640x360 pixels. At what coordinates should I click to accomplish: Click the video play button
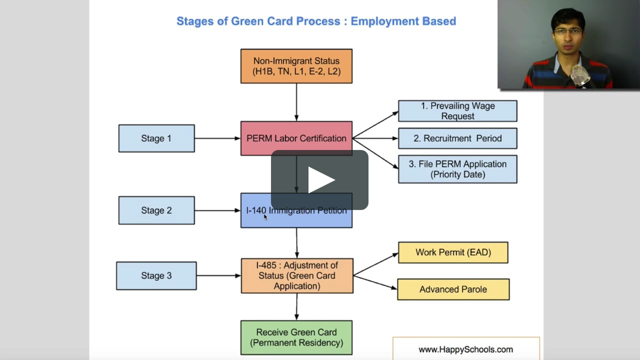click(320, 180)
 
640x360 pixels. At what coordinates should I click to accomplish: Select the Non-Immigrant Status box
click(296, 66)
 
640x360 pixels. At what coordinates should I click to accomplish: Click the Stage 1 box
click(156, 138)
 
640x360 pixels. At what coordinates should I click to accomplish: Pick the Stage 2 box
click(156, 210)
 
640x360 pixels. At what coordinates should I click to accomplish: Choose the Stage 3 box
click(156, 275)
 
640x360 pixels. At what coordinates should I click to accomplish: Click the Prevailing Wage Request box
click(457, 111)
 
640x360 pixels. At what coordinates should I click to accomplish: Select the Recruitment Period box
click(457, 138)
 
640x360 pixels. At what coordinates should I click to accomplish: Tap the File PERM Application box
click(457, 169)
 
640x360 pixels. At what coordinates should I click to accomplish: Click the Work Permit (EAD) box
click(453, 252)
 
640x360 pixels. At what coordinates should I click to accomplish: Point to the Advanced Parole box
click(453, 289)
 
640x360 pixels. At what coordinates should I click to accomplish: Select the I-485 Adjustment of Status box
click(297, 275)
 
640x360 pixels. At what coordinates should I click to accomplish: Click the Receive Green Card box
click(296, 337)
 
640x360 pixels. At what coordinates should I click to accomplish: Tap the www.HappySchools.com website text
click(465, 349)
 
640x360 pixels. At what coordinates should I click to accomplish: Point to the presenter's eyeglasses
click(568, 31)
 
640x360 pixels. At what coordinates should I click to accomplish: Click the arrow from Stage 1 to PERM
click(217, 138)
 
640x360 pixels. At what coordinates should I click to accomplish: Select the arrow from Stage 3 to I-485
click(219, 275)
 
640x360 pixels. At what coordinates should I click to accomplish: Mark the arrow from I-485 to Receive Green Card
click(297, 306)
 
